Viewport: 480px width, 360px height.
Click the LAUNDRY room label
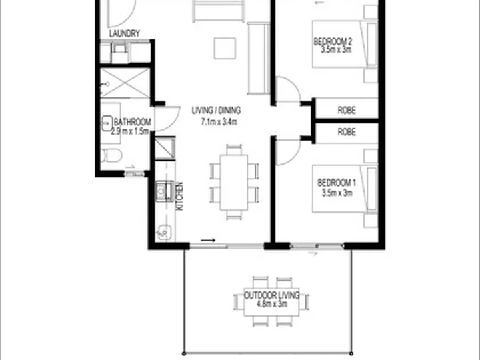pyautogui.click(x=124, y=33)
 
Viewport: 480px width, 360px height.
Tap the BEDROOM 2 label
pyautogui.click(x=333, y=41)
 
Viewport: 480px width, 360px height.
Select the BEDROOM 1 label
pyautogui.click(x=337, y=183)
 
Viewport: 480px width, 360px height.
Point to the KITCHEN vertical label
pyautogui.click(x=180, y=196)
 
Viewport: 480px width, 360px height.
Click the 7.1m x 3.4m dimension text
pyautogui.click(x=219, y=122)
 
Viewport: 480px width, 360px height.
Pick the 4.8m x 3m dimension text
pyautogui.click(x=271, y=304)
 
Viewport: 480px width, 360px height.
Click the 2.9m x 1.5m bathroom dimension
pyautogui.click(x=130, y=131)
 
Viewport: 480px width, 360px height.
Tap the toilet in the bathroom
pyautogui.click(x=111, y=155)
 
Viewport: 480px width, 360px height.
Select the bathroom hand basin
pyautogui.click(x=107, y=123)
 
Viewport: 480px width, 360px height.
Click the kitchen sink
pyautogui.click(x=161, y=191)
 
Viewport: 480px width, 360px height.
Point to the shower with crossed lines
pyautogui.click(x=125, y=83)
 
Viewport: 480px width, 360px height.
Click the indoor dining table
pyautogui.click(x=234, y=183)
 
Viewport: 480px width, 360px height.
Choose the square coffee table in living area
pyautogui.click(x=225, y=49)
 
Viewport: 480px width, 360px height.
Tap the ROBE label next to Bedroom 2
pyautogui.click(x=347, y=110)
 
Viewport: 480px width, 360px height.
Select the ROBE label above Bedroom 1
pyautogui.click(x=347, y=132)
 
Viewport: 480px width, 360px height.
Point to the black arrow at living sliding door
pyautogui.click(x=208, y=240)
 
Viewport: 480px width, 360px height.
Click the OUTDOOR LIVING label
pyautogui.click(x=271, y=295)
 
